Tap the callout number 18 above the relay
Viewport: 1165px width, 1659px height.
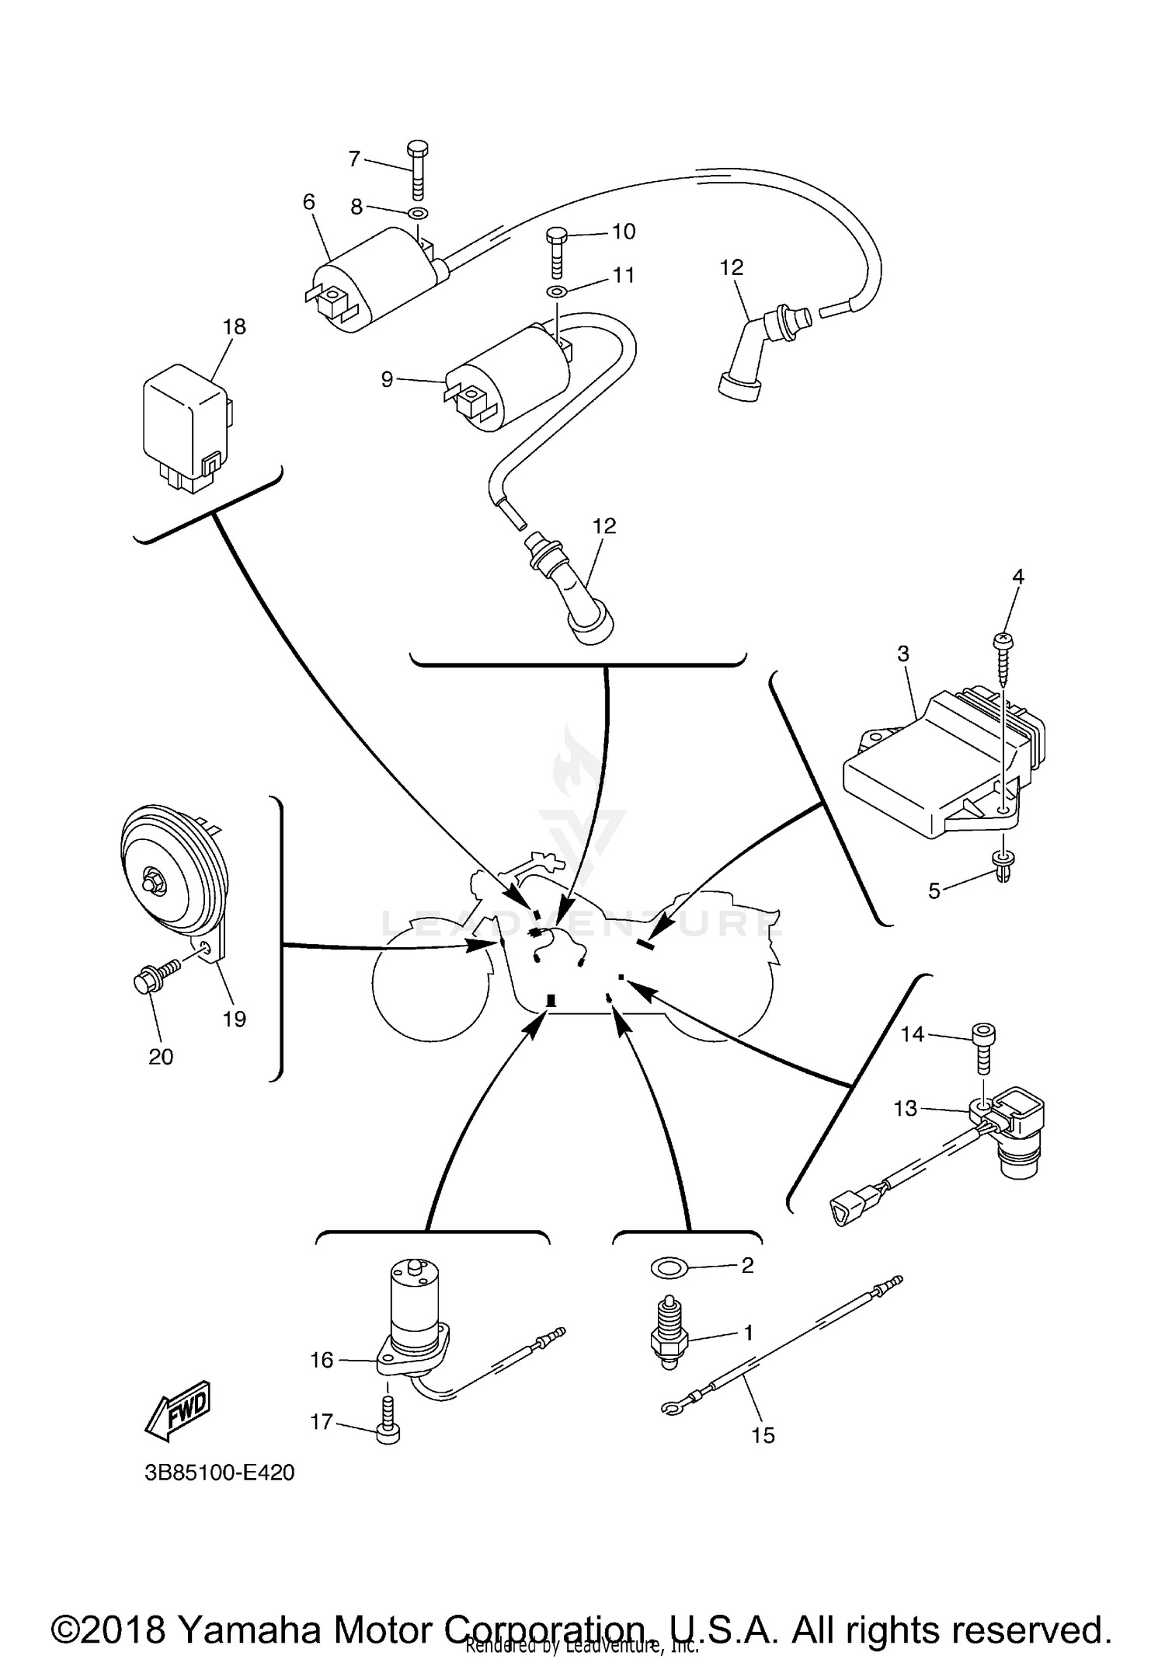(x=234, y=326)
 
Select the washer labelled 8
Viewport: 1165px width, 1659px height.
(x=418, y=214)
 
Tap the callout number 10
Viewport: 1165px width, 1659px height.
(x=623, y=231)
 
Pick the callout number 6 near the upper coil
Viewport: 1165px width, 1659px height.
(x=309, y=202)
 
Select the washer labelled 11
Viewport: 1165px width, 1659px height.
(x=557, y=291)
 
